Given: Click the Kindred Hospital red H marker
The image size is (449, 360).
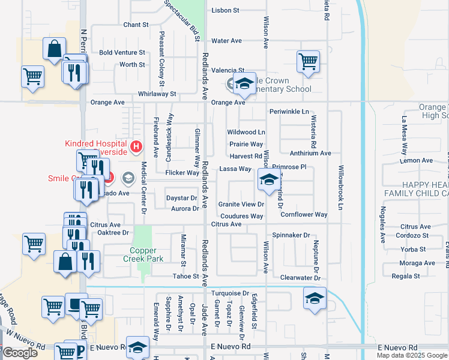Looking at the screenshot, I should pyautogui.click(x=136, y=146).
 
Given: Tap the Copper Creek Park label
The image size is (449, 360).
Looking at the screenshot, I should pyautogui.click(x=143, y=254).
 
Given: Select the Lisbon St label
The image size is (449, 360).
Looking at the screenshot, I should pyautogui.click(x=226, y=11).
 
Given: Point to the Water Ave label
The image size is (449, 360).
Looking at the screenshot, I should pyautogui.click(x=226, y=41).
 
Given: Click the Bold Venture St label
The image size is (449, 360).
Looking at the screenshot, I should pyautogui.click(x=122, y=53).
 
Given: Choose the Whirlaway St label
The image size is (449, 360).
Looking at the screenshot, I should pyautogui.click(x=157, y=94).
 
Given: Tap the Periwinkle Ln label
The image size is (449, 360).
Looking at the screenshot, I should pyautogui.click(x=289, y=112).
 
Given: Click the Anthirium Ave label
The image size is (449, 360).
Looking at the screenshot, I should pyautogui.click(x=310, y=153).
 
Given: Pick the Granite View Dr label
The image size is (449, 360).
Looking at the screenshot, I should pyautogui.click(x=241, y=204).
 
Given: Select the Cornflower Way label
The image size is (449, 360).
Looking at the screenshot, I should pyautogui.click(x=304, y=214).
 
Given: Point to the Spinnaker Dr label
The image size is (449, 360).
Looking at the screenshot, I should pyautogui.click(x=291, y=235).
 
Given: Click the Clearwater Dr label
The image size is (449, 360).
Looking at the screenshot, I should pyautogui.click(x=300, y=278).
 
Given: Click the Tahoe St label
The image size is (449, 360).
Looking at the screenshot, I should pyautogui.click(x=186, y=276).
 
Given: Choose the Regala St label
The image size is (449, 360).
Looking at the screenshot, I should pyautogui.click(x=405, y=276).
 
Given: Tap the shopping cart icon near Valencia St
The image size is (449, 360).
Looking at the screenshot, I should pyautogui.click(x=308, y=61).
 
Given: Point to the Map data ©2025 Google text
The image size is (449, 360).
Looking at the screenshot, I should pyautogui.click(x=412, y=355).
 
